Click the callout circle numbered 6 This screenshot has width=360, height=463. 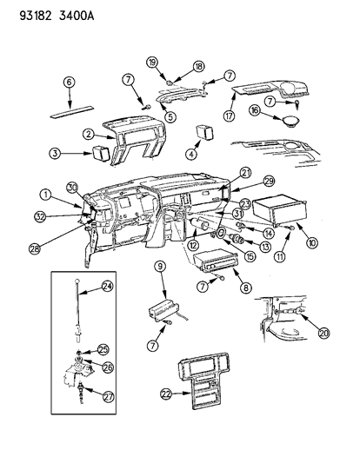click(69, 82)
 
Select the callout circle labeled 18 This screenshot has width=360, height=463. click(199, 66)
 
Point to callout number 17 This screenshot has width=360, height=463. click(229, 116)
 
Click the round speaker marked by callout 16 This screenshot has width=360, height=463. click(290, 122)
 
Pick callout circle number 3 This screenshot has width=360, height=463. click(55, 153)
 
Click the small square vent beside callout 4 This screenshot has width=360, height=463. click(205, 132)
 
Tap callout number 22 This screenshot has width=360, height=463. click(166, 394)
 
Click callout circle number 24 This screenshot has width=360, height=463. click(108, 286)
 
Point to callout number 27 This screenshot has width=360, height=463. click(108, 397)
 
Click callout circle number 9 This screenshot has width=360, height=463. click(160, 267)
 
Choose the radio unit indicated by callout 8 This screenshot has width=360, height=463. click(215, 261)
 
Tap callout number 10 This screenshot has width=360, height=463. click(312, 242)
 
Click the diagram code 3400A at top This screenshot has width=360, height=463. click(77, 16)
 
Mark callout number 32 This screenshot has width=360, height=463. click(40, 217)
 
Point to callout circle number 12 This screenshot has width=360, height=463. click(194, 245)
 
